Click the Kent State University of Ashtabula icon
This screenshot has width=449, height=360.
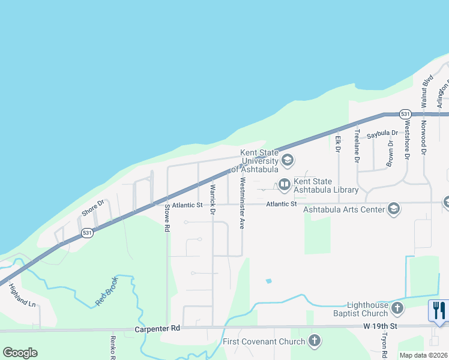point(287,160)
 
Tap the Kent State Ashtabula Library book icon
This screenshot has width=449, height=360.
point(284,184)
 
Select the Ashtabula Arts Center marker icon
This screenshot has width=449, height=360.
point(394,208)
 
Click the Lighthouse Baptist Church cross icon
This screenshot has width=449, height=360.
point(397,308)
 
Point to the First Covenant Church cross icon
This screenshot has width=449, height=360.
point(313,341)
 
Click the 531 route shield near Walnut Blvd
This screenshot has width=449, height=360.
point(405,114)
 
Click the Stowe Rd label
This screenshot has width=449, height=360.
point(167,218)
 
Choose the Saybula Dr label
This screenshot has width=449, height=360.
point(382,133)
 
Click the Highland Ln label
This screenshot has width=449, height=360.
point(22,295)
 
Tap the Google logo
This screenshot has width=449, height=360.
point(20,353)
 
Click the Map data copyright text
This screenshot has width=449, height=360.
point(423,355)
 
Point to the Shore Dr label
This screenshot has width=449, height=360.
point(93,207)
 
